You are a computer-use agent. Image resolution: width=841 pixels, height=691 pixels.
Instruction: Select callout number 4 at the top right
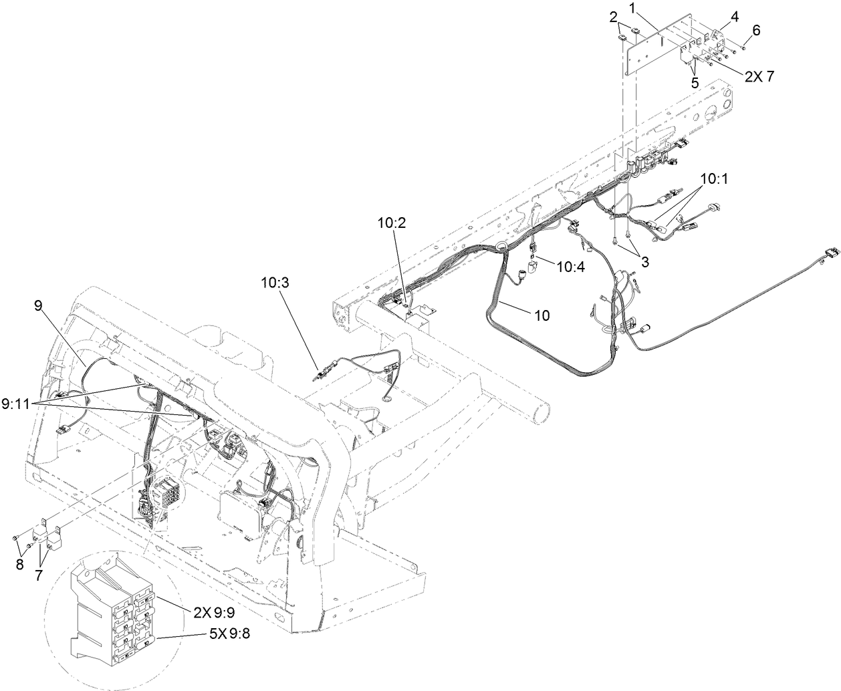[x=734, y=17]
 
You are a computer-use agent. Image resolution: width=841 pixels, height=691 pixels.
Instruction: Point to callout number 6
[x=756, y=30]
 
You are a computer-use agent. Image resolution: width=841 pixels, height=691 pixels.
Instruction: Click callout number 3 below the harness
[x=644, y=263]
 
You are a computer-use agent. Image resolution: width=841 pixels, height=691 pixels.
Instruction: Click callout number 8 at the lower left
[x=19, y=564]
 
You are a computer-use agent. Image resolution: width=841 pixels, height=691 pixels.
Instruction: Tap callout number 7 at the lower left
[x=39, y=575]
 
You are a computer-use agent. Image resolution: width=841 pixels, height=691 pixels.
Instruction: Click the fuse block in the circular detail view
[x=114, y=607]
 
